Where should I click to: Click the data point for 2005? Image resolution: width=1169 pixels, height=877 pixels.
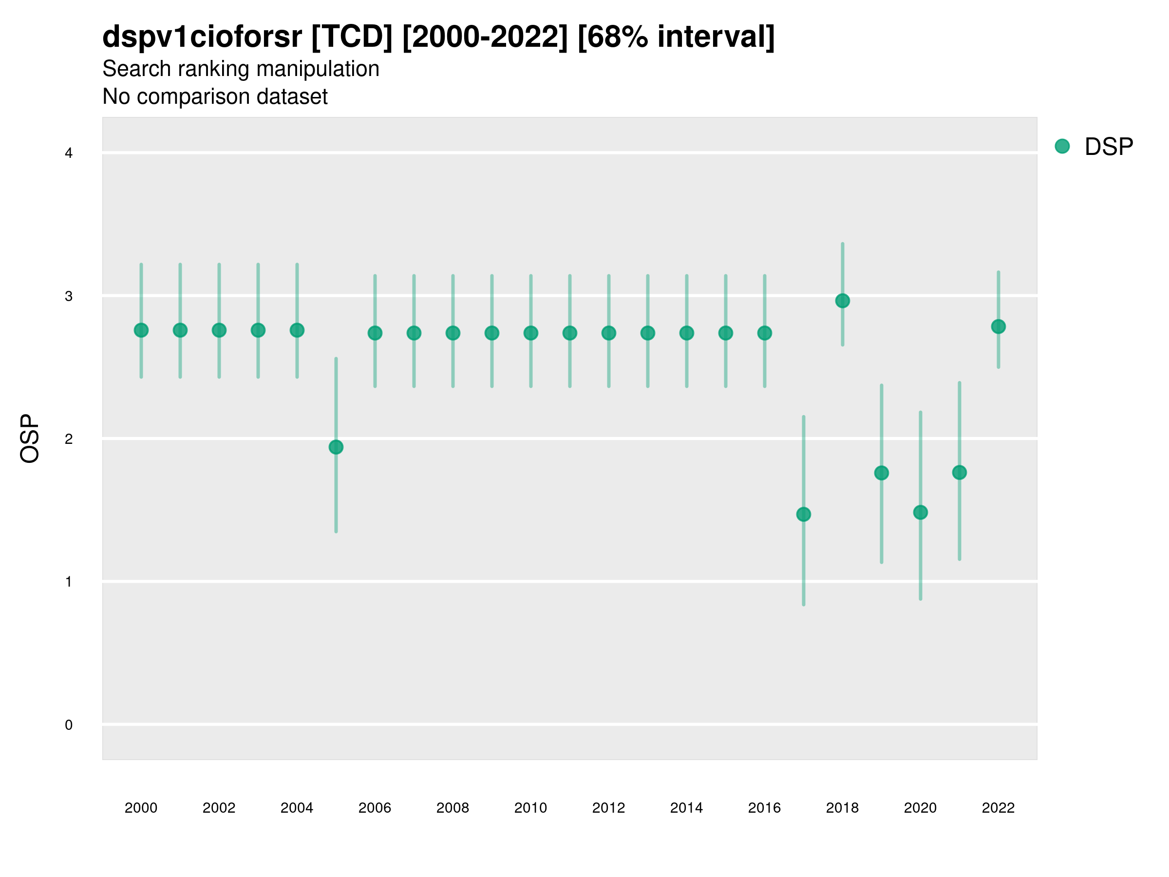336,447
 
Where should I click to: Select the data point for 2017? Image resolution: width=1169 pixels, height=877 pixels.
803,515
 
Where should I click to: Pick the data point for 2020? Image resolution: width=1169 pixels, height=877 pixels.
920,512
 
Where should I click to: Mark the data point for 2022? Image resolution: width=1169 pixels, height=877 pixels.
999,327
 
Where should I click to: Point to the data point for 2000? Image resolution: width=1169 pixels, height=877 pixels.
141,330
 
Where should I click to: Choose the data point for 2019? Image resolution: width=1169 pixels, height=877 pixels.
882,473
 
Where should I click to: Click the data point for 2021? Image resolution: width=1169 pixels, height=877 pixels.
959,473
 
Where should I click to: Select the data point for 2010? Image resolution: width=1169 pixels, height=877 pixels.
530,333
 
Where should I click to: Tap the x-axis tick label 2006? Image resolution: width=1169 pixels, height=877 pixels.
375,808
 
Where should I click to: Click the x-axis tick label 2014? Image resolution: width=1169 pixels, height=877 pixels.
686,808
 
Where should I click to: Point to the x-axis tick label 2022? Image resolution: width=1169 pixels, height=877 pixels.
999,808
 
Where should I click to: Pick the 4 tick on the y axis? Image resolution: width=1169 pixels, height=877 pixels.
69,153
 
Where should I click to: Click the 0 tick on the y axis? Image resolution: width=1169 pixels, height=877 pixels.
69,725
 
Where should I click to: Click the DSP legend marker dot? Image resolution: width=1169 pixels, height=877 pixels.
1062,147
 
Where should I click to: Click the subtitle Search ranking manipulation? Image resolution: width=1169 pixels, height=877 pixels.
241,69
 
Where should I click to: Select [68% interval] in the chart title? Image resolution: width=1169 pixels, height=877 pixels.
676,37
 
